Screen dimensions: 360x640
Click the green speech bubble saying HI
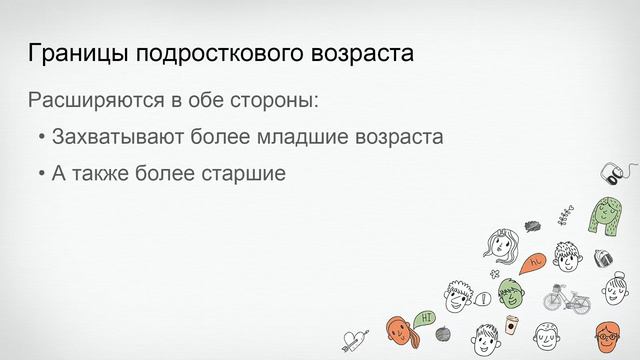point(426,318)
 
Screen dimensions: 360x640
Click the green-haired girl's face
point(606,214)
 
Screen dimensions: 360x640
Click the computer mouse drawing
point(609,171)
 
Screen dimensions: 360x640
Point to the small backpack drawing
point(603,258)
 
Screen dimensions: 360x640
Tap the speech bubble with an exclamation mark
point(484,297)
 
